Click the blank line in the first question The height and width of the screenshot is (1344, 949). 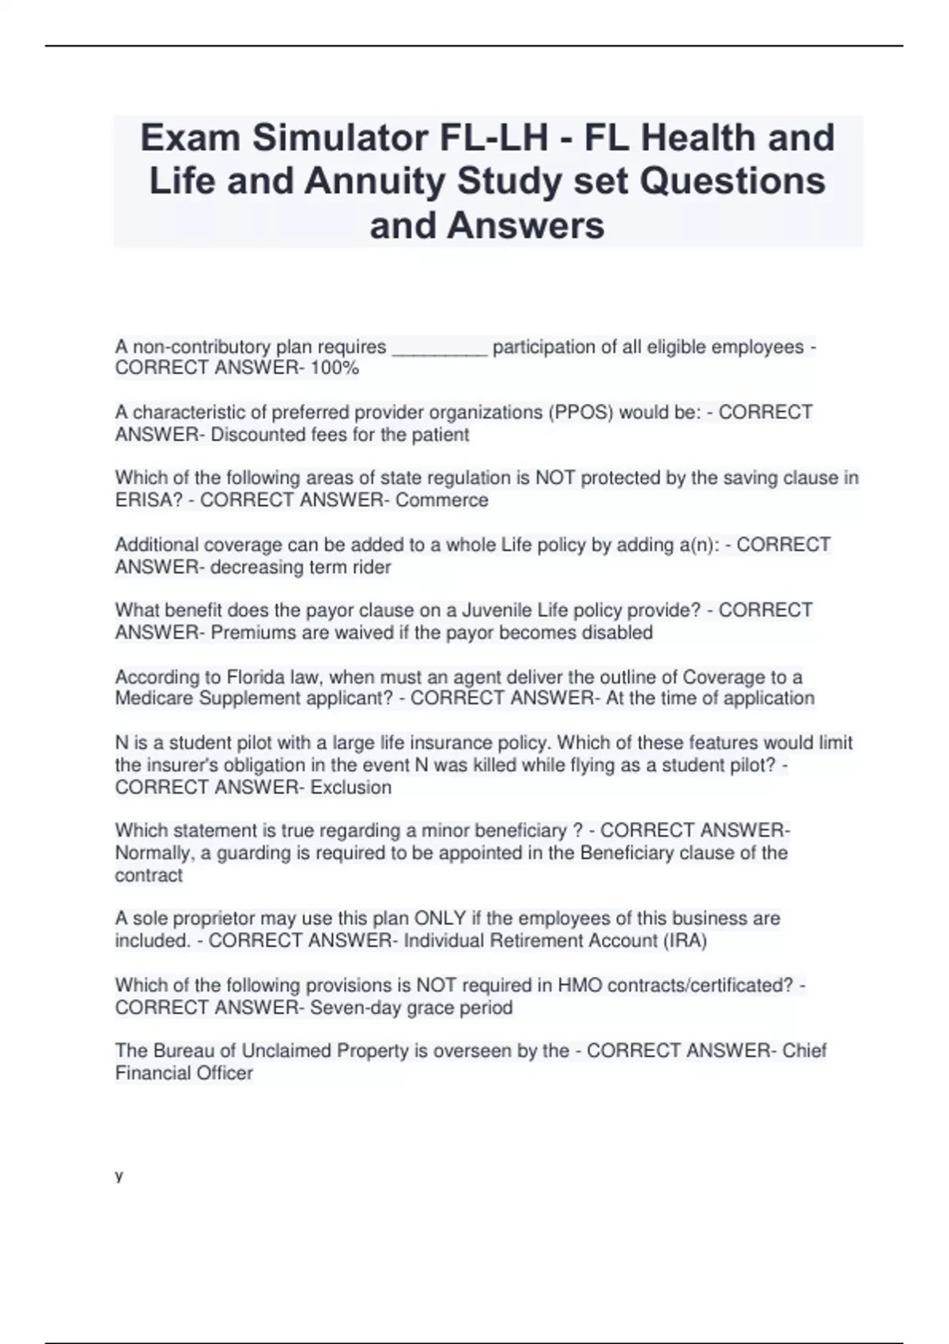pyautogui.click(x=439, y=348)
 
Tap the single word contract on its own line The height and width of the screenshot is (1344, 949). pyautogui.click(x=149, y=875)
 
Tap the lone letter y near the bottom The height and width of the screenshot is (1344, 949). pyautogui.click(x=119, y=1176)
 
